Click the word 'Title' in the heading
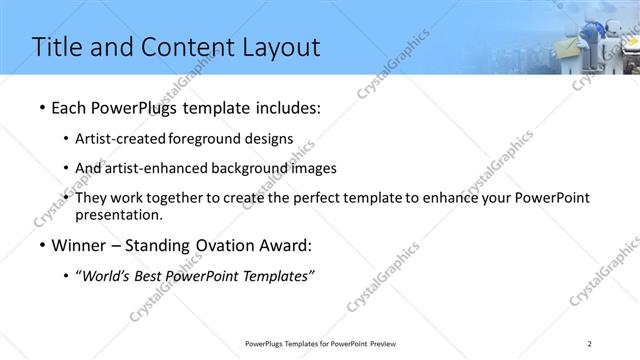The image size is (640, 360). [x=57, y=47]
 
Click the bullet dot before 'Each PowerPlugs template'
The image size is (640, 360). [x=40, y=106]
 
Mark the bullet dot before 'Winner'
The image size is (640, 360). [x=40, y=245]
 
